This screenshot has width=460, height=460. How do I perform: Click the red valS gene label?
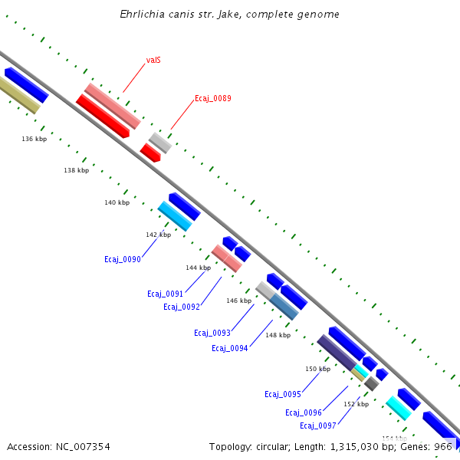click(x=153, y=60)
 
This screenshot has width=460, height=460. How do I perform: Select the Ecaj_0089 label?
click(x=212, y=98)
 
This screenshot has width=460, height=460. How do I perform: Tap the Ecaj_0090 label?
click(x=123, y=259)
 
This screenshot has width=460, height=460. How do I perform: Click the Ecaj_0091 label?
click(x=165, y=294)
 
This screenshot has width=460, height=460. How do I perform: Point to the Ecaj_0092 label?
click(x=181, y=307)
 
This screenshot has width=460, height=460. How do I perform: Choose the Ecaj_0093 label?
click(x=212, y=333)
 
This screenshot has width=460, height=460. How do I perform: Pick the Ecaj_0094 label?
click(x=229, y=348)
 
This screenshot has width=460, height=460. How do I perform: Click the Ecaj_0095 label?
click(x=282, y=394)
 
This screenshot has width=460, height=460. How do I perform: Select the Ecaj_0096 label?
click(x=303, y=412)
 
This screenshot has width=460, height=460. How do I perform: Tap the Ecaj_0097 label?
click(x=317, y=426)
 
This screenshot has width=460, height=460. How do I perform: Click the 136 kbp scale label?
click(x=34, y=139)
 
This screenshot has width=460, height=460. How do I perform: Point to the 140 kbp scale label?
click(x=117, y=202)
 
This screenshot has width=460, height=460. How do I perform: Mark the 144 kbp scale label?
click(x=198, y=268)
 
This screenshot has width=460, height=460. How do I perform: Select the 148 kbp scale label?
click(x=278, y=335)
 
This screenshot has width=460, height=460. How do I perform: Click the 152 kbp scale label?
click(x=356, y=404)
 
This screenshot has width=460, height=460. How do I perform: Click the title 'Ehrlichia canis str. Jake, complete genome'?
click(x=229, y=15)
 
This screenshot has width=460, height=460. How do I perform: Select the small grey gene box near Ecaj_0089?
click(x=160, y=142)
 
